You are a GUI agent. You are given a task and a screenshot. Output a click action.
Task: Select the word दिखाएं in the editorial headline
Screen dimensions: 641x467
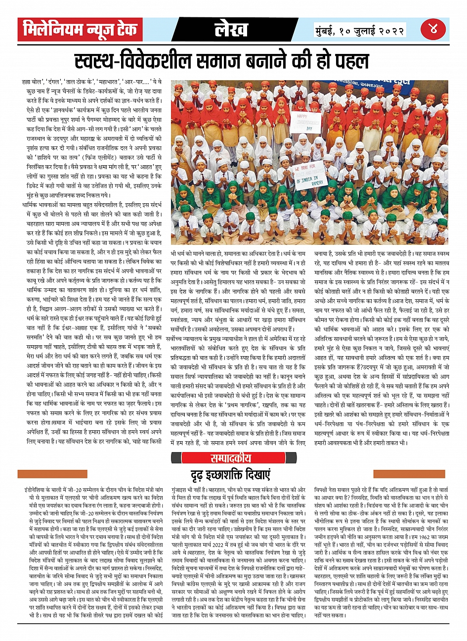[x=262, y=476]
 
